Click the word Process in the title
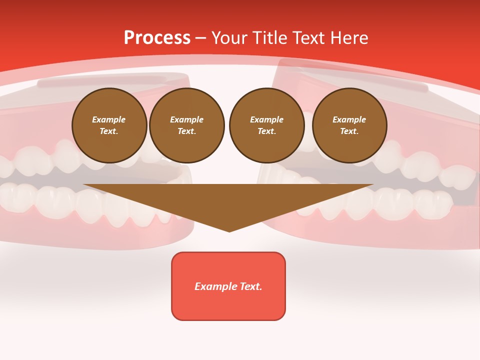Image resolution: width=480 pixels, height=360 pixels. (157, 38)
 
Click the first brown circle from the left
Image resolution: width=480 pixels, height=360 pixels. (109, 125)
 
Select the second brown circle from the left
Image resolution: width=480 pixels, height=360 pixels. (186, 125)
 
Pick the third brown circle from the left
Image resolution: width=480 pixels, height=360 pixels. (266, 125)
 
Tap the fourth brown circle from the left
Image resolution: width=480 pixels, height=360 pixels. (349, 125)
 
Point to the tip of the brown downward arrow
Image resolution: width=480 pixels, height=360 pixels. (229, 231)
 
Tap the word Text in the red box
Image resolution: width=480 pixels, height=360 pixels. (250, 286)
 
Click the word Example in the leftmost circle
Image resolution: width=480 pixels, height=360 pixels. (109, 119)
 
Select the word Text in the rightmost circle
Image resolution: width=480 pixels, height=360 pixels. (349, 131)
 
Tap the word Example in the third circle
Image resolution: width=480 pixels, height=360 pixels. (266, 119)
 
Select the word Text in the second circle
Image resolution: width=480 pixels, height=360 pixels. (186, 131)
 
